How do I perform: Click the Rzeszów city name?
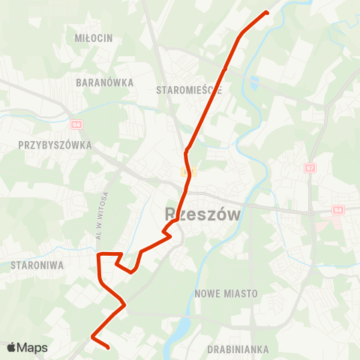point(202,214)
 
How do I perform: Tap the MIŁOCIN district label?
point(94,37)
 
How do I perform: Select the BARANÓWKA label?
point(105,82)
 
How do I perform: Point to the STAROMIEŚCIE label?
point(190,90)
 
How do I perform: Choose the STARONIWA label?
point(37,265)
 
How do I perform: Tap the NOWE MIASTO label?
point(226,293)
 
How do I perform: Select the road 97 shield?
point(310,169)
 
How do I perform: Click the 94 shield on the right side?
point(337,210)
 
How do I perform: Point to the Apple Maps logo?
point(27,348)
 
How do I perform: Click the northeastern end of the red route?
point(267,12)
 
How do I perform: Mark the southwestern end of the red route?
point(109,347)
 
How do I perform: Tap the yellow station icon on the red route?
point(187,172)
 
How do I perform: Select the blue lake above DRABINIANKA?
point(182,327)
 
